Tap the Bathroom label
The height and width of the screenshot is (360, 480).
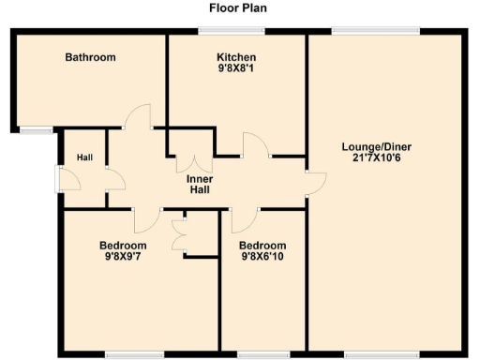tap(90, 57)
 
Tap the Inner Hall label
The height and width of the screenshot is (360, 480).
tap(198, 184)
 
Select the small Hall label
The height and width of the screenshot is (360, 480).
tap(84, 157)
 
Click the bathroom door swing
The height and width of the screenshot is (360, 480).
tap(139, 116)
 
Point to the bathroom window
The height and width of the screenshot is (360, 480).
tap(37, 130)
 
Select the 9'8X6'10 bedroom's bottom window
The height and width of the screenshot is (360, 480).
tap(255, 354)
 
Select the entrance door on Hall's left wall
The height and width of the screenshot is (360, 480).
tap(60, 178)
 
